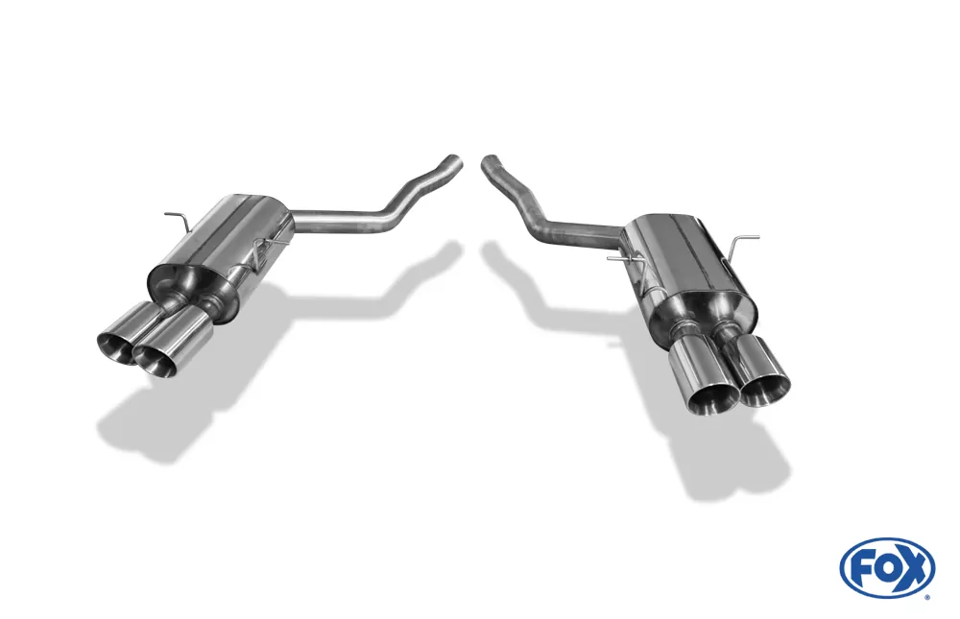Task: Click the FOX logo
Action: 886,567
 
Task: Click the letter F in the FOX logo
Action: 862,568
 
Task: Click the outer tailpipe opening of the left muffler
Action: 116,348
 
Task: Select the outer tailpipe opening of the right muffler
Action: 765,388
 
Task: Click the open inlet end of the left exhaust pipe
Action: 458,160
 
